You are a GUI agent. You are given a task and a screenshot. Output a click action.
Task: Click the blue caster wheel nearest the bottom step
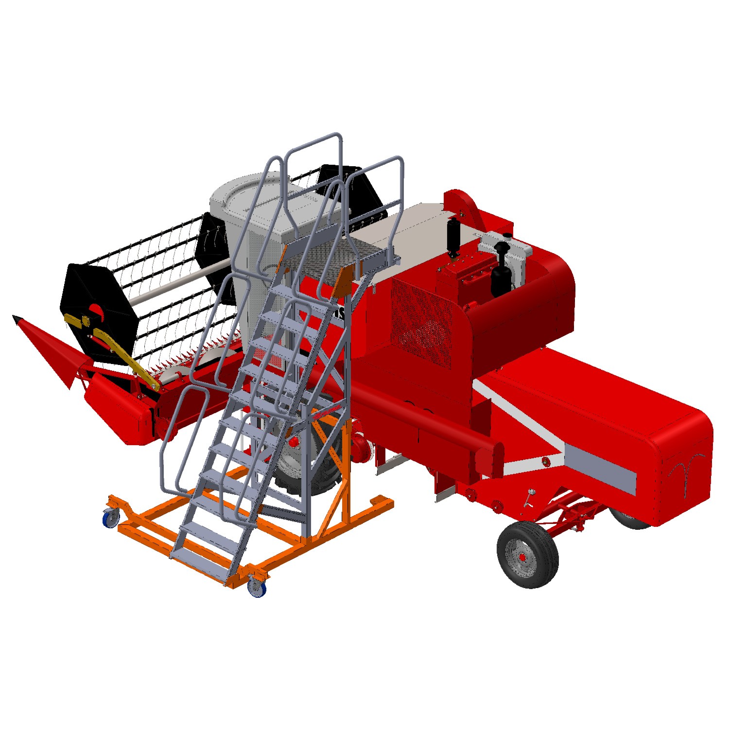[256, 588]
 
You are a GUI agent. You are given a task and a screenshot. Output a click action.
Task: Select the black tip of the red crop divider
[17, 319]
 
